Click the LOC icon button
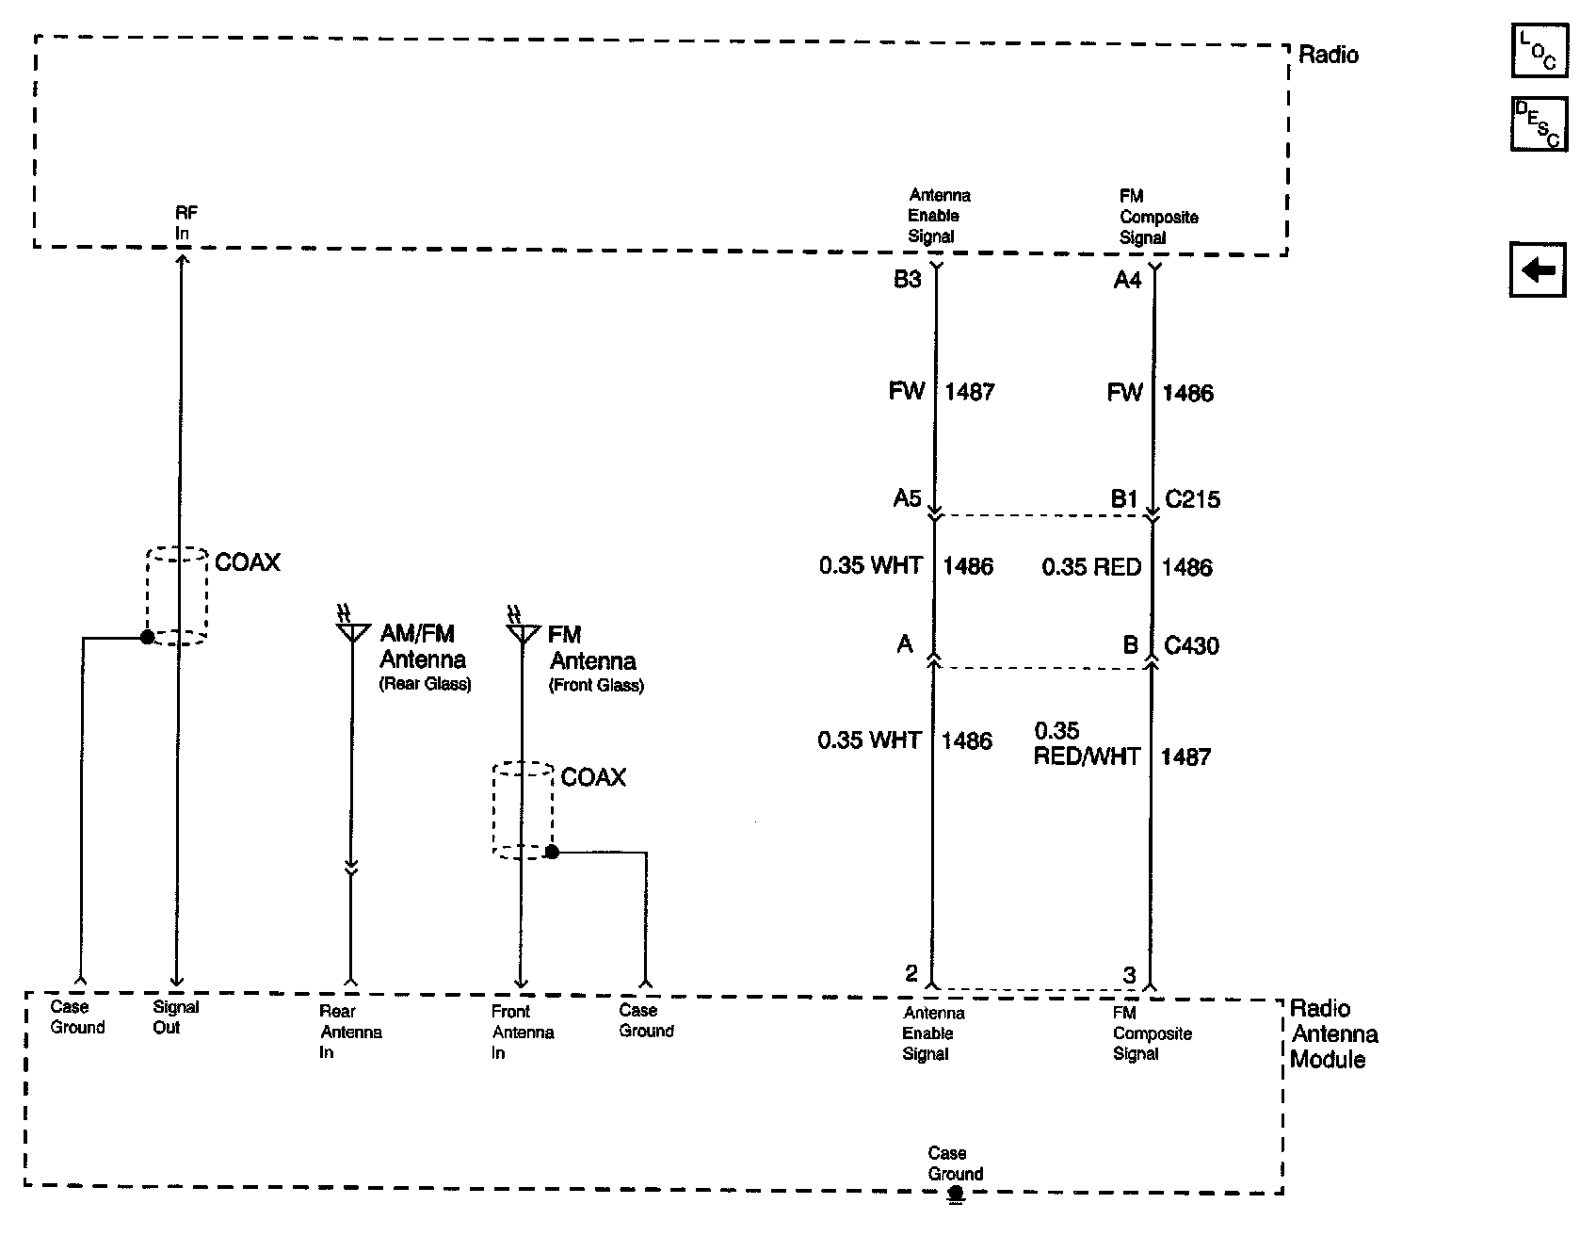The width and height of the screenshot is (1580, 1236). pyautogui.click(x=1538, y=52)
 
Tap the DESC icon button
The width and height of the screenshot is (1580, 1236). pyautogui.click(x=1538, y=123)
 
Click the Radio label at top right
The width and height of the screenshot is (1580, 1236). pyautogui.click(x=1328, y=55)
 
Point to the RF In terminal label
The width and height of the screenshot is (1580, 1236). pyautogui.click(x=186, y=222)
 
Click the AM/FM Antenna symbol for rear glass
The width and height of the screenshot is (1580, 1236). pyautogui.click(x=352, y=629)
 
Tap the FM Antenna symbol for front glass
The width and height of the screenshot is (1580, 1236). pyautogui.click(x=521, y=629)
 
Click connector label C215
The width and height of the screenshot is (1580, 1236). pyautogui.click(x=1192, y=498)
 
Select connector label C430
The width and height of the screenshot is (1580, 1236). pyautogui.click(x=1191, y=645)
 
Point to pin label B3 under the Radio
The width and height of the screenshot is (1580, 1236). pyautogui.click(x=907, y=280)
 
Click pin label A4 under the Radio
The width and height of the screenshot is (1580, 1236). pyautogui.click(x=1127, y=280)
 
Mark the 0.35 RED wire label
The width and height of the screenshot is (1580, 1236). pyautogui.click(x=1091, y=567)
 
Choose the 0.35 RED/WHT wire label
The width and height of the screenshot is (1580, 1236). pyautogui.click(x=1086, y=744)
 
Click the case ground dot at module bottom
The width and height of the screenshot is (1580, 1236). pyautogui.click(x=956, y=1193)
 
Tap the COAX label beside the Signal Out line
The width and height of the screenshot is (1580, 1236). pyautogui.click(x=248, y=562)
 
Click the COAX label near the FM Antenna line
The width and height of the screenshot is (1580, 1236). pyautogui.click(x=593, y=777)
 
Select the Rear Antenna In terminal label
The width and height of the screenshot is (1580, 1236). pyautogui.click(x=350, y=1032)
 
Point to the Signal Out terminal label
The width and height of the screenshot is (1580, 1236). pyautogui.click(x=175, y=1017)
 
